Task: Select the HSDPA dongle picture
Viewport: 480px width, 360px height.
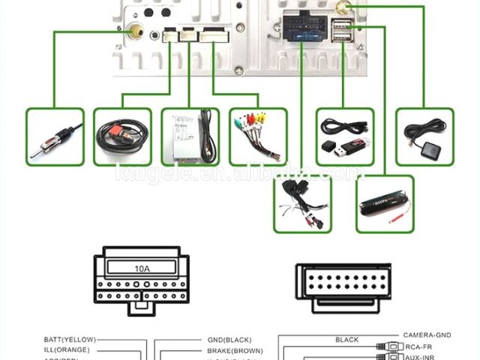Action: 384,203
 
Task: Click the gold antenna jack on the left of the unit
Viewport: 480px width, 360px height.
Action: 136,32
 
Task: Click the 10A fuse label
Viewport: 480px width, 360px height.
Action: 142,268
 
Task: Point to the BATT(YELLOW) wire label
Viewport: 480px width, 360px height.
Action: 70,340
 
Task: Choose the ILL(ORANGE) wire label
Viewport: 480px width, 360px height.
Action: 67,349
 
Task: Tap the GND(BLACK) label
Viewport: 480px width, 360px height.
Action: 229,340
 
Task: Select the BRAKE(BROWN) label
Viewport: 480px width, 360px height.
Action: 234,349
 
